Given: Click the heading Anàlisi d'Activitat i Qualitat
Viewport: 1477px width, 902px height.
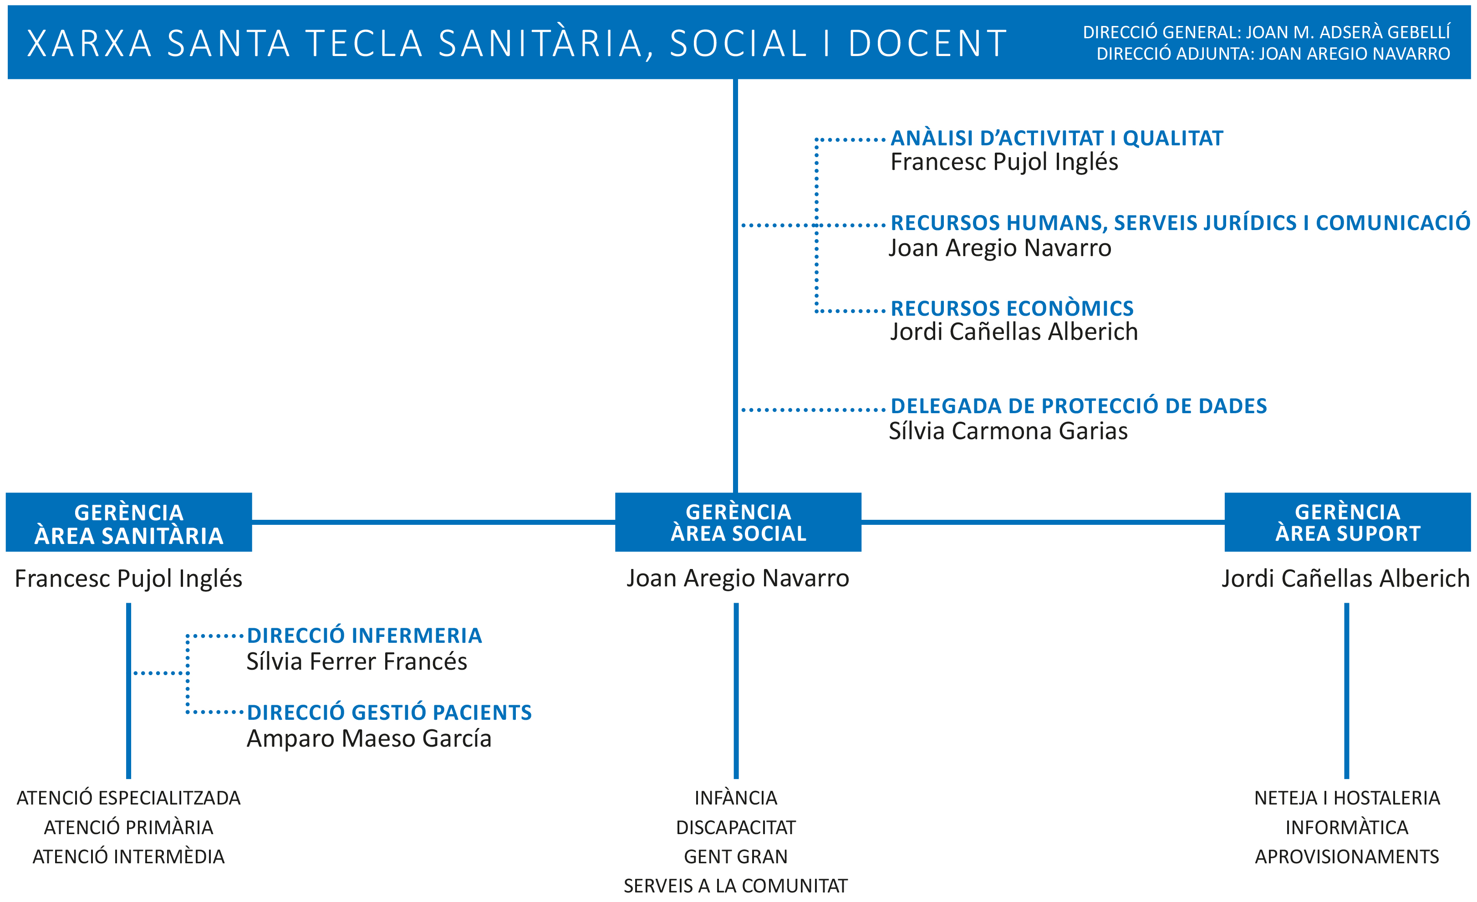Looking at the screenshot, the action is pyautogui.click(x=1057, y=138).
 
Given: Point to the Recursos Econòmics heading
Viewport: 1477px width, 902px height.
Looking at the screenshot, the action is pyautogui.click(x=1012, y=308).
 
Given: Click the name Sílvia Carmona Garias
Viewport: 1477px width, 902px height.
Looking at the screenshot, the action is pyautogui.click(x=1008, y=431).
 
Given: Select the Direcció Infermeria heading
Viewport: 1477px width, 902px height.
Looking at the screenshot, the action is pyautogui.click(x=364, y=635).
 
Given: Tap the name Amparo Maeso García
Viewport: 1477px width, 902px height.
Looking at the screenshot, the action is pyautogui.click(x=369, y=739).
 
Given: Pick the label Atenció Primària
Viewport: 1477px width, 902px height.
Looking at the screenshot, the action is pyautogui.click(x=129, y=828).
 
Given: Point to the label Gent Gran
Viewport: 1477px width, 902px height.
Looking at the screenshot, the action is pyautogui.click(x=736, y=857).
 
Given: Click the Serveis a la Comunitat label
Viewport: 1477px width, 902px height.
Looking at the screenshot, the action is pyautogui.click(x=736, y=886).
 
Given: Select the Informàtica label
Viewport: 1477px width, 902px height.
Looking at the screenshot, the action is pyautogui.click(x=1347, y=828).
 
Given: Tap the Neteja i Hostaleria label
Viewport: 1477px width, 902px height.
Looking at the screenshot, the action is pyautogui.click(x=1347, y=798).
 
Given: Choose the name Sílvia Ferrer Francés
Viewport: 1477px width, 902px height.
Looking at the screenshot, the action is pyautogui.click(x=357, y=661).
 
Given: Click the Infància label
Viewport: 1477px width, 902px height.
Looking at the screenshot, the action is pyautogui.click(x=736, y=798).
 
